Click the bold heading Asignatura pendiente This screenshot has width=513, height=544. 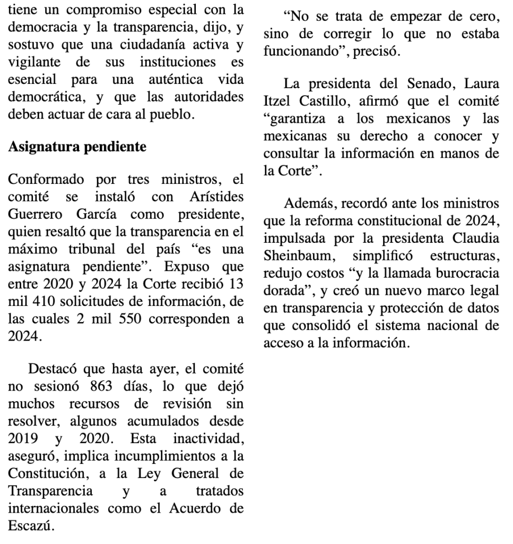tap(77, 147)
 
